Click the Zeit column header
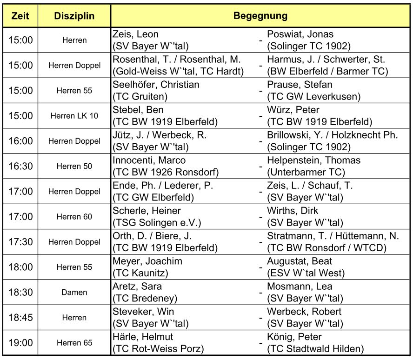(x=21, y=16)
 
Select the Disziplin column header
(x=74, y=16)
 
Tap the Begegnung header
(x=260, y=16)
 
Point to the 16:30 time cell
(x=21, y=166)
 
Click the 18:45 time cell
(x=21, y=317)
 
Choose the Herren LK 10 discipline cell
(x=74, y=116)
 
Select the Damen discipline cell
(x=74, y=292)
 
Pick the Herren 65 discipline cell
(x=74, y=343)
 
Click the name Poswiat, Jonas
(x=300, y=34)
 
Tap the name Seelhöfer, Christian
(x=156, y=85)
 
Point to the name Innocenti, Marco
(x=149, y=160)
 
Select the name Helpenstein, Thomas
(x=313, y=160)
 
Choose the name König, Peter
(x=294, y=337)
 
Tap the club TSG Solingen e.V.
(x=157, y=223)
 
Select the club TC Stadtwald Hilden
(x=315, y=348)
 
